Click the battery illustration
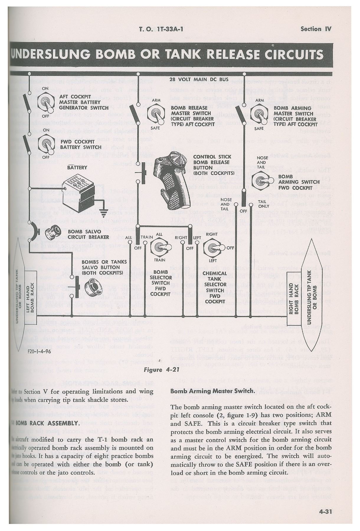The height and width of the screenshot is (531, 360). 79,189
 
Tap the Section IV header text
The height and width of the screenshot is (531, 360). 316,29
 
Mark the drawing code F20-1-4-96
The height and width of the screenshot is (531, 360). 39,352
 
